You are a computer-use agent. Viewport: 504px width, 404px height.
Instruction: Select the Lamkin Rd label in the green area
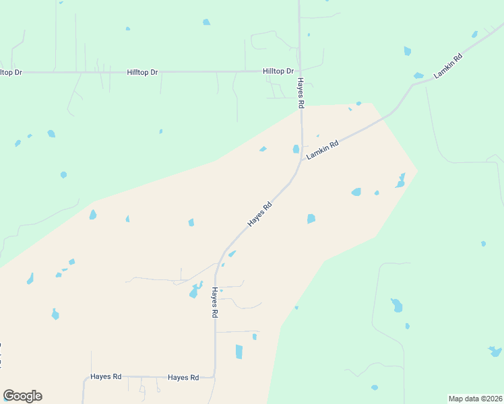449,67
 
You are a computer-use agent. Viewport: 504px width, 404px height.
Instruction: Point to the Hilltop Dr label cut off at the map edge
11,72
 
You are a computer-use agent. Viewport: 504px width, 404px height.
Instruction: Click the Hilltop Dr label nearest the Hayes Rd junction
278,71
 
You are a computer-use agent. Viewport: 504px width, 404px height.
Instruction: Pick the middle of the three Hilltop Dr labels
142,72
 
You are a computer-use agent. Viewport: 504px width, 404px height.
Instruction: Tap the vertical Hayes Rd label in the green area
301,93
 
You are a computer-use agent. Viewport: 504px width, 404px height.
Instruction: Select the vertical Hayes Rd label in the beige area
215,302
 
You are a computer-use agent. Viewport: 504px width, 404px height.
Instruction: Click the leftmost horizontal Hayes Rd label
106,377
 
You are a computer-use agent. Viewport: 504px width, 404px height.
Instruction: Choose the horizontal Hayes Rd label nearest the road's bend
183,378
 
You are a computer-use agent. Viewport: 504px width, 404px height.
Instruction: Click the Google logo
22,396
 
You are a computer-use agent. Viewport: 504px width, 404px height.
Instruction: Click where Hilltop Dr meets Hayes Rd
300,70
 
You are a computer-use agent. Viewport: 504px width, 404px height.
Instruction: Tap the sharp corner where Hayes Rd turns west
214,376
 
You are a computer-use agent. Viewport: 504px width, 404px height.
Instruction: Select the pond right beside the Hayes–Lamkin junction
296,149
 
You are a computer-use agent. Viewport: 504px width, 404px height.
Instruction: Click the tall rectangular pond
239,351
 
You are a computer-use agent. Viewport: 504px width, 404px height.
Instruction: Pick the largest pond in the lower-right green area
397,305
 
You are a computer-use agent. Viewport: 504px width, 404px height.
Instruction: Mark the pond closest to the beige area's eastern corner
400,180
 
